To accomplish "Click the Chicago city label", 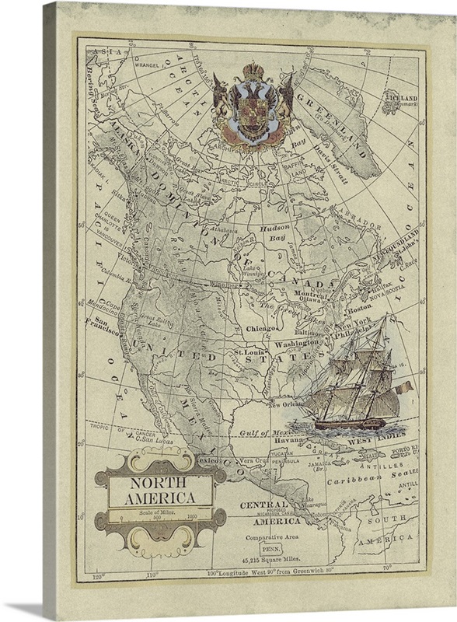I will click(x=262, y=328).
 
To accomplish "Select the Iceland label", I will click(x=399, y=99).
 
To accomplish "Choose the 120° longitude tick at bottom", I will click(x=98, y=576).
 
